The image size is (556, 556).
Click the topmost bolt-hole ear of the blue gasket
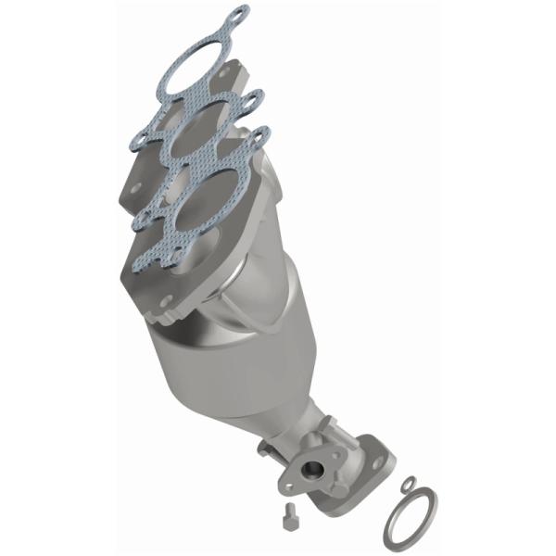(x=238, y=14)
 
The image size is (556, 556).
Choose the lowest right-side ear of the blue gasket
(x=259, y=136)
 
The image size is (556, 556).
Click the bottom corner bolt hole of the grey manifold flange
(x=166, y=301)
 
